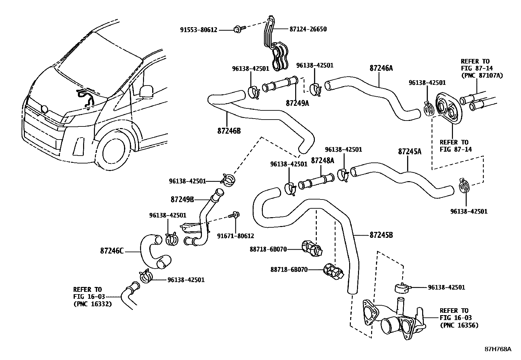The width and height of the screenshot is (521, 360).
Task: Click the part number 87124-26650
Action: click(x=308, y=29)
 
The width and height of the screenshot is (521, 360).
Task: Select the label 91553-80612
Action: click(x=199, y=30)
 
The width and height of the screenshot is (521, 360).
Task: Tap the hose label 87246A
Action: click(x=381, y=68)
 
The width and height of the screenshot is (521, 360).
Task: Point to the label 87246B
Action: click(x=229, y=131)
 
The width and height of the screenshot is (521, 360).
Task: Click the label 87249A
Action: click(x=297, y=103)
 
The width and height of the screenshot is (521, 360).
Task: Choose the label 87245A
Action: click(x=410, y=152)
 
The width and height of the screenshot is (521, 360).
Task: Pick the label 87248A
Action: click(x=322, y=161)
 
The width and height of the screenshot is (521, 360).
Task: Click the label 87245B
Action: click(x=381, y=235)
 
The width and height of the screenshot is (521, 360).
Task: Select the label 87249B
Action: click(x=182, y=199)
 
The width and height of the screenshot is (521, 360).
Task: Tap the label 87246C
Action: click(x=112, y=251)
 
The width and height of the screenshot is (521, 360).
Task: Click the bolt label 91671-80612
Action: click(x=236, y=236)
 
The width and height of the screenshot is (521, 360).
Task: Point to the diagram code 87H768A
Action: click(x=497, y=349)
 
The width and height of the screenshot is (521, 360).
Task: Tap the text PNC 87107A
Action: click(x=482, y=75)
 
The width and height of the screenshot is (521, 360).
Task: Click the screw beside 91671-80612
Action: click(x=235, y=216)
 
